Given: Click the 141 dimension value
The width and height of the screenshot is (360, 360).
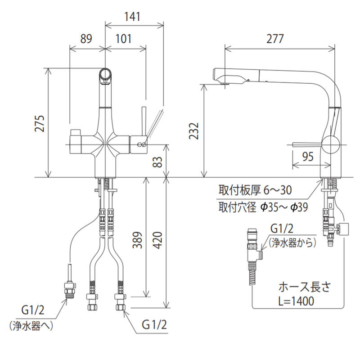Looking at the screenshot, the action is pyautogui.click(x=132, y=17).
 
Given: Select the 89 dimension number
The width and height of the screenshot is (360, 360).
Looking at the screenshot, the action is pyautogui.click(x=86, y=39).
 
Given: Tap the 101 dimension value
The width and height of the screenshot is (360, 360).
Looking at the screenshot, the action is pyautogui.click(x=123, y=39).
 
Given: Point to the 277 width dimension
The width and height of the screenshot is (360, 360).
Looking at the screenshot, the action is pyautogui.click(x=275, y=39).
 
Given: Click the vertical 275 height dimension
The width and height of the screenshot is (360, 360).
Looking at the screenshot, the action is pyautogui.click(x=40, y=123).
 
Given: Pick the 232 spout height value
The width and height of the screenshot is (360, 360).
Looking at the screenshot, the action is pyautogui.click(x=193, y=131).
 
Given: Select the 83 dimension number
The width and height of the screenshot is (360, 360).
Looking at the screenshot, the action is pyautogui.click(x=158, y=162).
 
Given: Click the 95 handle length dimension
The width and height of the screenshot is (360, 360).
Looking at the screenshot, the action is pyautogui.click(x=308, y=157).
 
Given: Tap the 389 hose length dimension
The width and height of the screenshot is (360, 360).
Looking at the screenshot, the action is pyautogui.click(x=138, y=240).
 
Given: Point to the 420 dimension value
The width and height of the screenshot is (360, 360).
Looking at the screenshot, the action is pyautogui.click(x=158, y=240).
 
